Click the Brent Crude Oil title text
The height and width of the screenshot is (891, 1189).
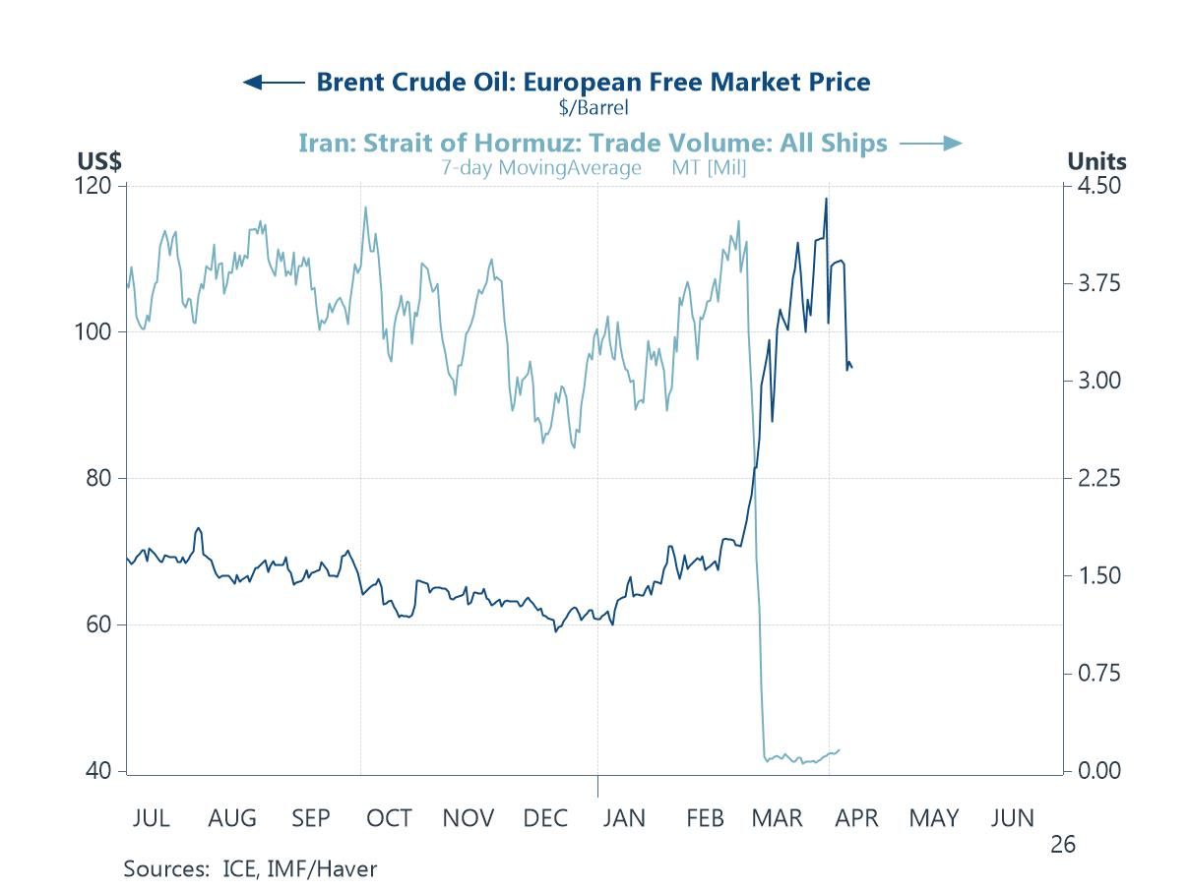[x=593, y=82]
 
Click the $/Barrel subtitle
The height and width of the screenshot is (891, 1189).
[x=593, y=107]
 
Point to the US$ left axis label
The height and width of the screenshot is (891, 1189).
[x=98, y=161]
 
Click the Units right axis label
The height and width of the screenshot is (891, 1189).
[x=1096, y=161]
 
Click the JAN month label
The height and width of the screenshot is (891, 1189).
[x=623, y=818]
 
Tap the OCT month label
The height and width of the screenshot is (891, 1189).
[x=389, y=818]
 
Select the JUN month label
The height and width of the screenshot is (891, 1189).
[x=1012, y=818]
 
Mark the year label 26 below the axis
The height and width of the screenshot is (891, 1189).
[x=1062, y=844]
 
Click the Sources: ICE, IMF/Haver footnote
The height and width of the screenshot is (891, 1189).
[x=250, y=869]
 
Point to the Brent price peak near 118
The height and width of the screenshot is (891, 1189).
[x=826, y=199]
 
